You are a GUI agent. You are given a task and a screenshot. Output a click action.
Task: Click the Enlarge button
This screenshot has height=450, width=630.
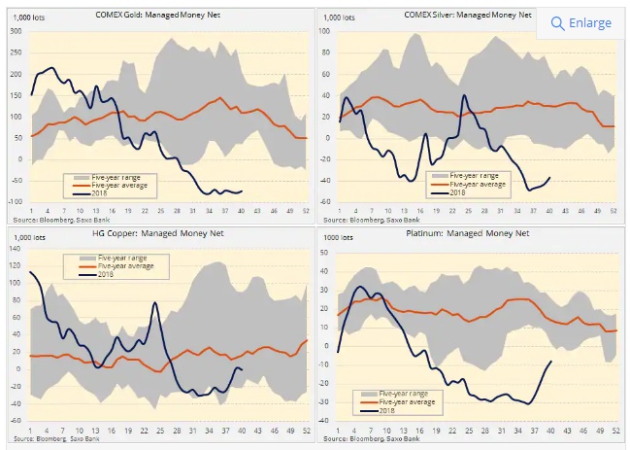click(580, 22)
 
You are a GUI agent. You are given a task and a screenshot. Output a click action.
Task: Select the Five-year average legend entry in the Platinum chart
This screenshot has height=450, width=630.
click(396, 400)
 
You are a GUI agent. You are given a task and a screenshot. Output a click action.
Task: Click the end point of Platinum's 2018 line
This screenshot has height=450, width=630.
click(552, 362)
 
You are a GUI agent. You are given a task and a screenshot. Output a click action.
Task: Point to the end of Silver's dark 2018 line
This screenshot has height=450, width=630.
click(550, 178)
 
